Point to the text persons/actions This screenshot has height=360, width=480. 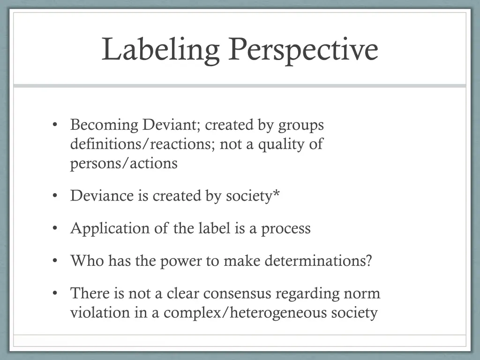(x=124, y=163)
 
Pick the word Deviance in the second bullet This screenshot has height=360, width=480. (x=102, y=195)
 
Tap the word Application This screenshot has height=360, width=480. (x=106, y=228)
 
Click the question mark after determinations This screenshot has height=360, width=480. (x=368, y=261)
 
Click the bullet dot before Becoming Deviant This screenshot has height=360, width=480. (x=55, y=125)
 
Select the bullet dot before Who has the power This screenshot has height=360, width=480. (x=55, y=261)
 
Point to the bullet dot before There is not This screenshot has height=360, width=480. (x=55, y=293)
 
